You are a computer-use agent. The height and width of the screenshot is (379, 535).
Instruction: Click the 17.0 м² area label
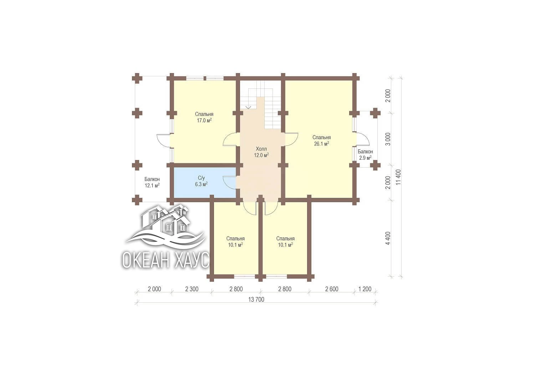coord(204,121)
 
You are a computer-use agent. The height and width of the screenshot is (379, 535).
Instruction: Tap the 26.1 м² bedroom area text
coord(321,144)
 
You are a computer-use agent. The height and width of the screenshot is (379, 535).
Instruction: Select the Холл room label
coord(261,149)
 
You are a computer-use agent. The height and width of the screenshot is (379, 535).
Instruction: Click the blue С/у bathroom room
coord(205,183)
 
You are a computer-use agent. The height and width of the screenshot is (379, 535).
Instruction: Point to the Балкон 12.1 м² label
coord(152,182)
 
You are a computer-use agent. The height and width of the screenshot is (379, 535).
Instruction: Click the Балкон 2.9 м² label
coord(365,154)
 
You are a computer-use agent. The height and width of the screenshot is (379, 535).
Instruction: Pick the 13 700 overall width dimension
coord(256,299)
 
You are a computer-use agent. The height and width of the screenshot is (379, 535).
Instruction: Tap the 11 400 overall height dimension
coord(398,177)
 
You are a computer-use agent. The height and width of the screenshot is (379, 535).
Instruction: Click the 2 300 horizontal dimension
coord(192,289)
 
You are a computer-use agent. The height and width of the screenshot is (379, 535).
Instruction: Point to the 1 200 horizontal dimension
coord(365,289)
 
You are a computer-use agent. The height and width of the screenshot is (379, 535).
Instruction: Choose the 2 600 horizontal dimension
coord(331,289)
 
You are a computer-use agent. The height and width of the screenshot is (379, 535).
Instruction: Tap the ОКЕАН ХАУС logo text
coord(165,260)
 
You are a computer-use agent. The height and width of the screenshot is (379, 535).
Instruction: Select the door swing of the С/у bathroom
coord(230,183)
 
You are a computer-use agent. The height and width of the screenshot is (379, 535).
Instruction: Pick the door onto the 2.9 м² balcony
coord(363,139)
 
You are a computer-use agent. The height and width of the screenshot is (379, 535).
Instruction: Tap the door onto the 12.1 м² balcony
coord(163,140)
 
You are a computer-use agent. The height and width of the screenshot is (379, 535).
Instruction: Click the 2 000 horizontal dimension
coord(154,289)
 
